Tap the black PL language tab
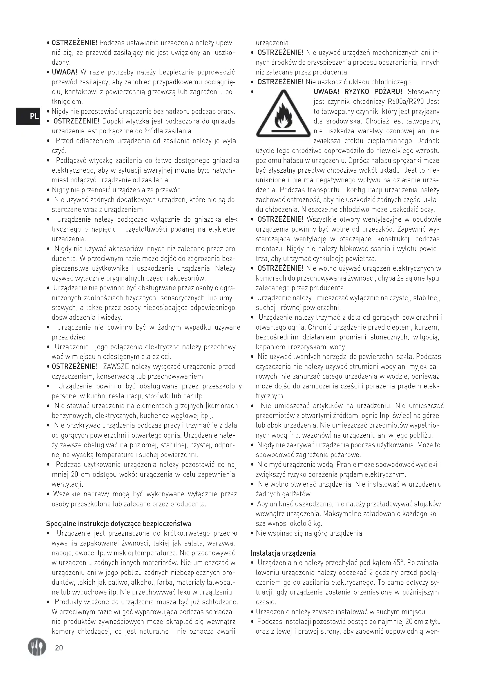[27, 116]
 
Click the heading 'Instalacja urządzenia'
[283, 553]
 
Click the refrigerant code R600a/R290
[405, 102]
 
